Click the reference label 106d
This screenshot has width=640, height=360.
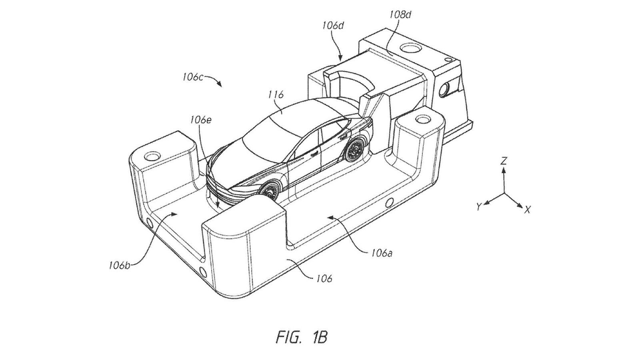[333, 26]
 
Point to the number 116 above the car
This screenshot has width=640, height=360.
[276, 95]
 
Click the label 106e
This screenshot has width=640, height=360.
[201, 119]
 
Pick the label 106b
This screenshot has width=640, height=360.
[119, 265]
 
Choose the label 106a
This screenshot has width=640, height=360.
[381, 252]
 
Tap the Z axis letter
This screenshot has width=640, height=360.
[504, 161]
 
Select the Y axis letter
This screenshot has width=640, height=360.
[478, 206]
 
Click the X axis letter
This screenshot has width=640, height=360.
[528, 209]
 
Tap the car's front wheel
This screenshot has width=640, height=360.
[269, 190]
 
